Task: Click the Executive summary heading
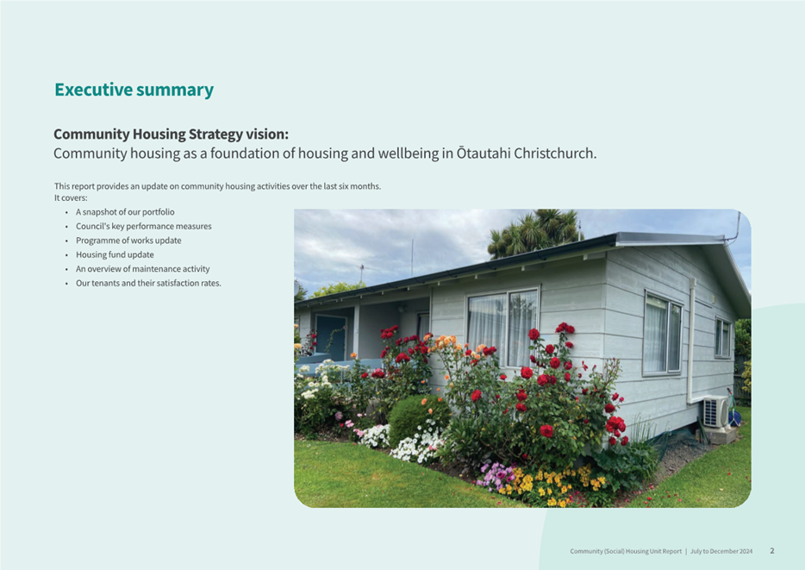pyautogui.click(x=134, y=90)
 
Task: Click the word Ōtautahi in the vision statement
pyautogui.click(x=484, y=153)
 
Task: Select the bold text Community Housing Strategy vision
pyautogui.click(x=171, y=134)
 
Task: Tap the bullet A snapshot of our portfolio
pyautogui.click(x=125, y=212)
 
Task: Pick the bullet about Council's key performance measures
pyautogui.click(x=144, y=227)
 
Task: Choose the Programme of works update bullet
pyautogui.click(x=128, y=241)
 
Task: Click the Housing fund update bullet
pyautogui.click(x=115, y=254)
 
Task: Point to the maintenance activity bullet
pyautogui.click(x=143, y=269)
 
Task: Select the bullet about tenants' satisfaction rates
pyautogui.click(x=148, y=283)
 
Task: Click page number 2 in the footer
pyautogui.click(x=772, y=551)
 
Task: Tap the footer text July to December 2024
pyautogui.click(x=721, y=552)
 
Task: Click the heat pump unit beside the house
pyautogui.click(x=715, y=411)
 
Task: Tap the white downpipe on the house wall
pyautogui.click(x=691, y=341)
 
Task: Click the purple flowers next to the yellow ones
pyautogui.click(x=494, y=475)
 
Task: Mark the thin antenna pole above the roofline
pyautogui.click(x=412, y=258)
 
